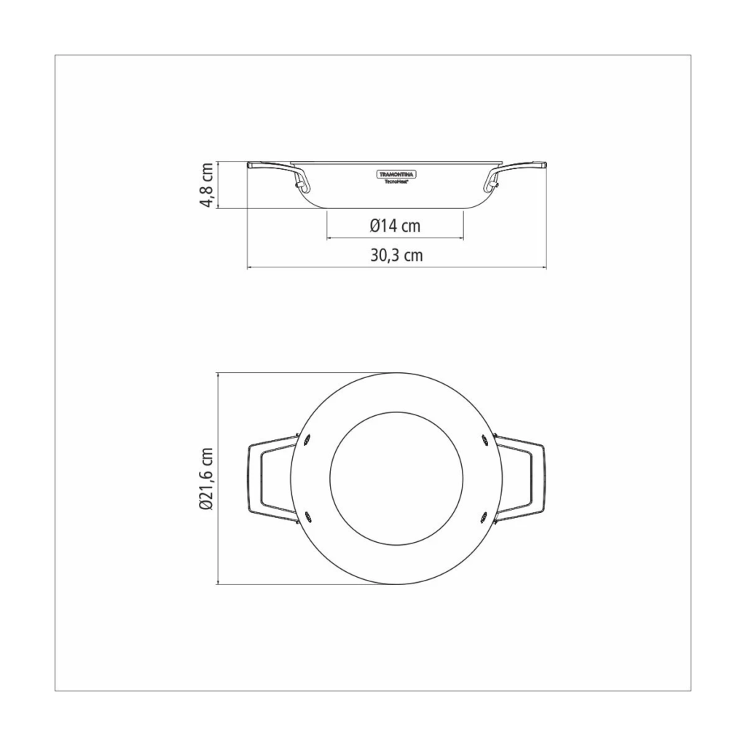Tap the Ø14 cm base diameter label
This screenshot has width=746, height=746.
395,226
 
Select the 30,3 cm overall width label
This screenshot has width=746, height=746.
397,256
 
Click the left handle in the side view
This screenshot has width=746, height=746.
278,175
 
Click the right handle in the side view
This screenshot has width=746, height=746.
517,175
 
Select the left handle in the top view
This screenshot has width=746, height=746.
271,479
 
